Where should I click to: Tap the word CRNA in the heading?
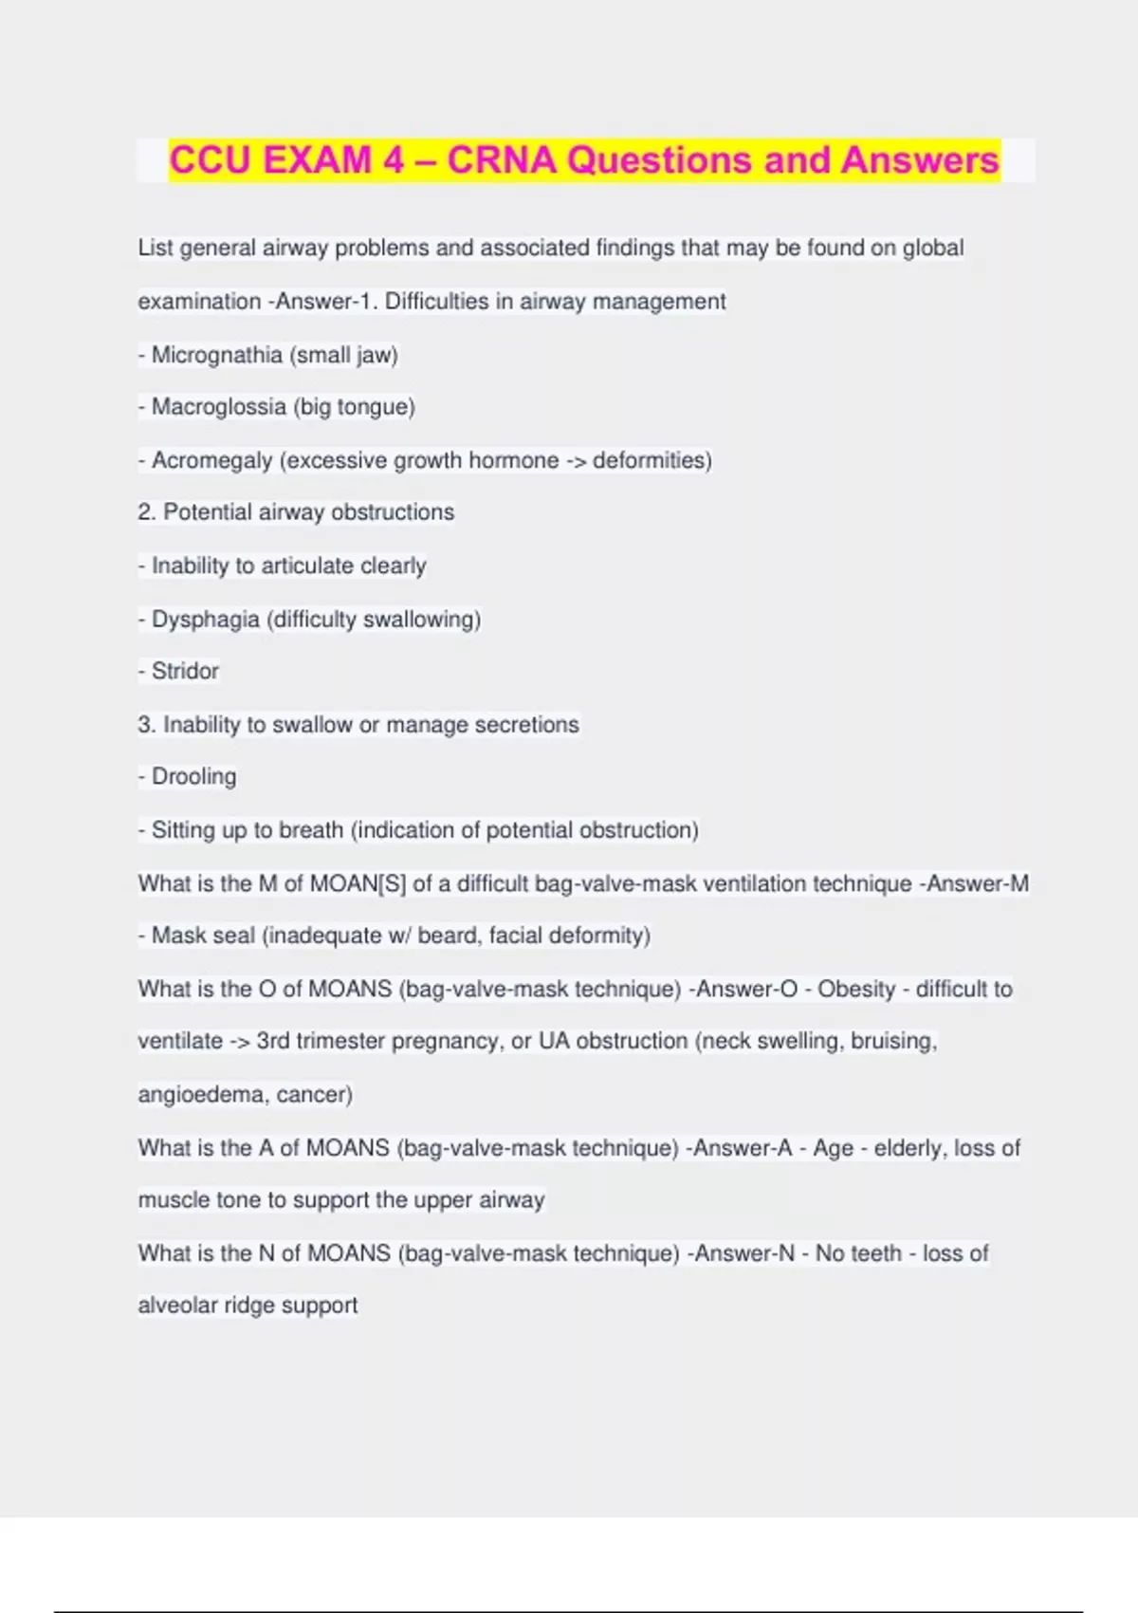coord(502,159)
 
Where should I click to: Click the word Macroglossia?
coord(219,407)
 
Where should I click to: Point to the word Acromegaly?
coord(211,461)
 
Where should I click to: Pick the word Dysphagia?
coord(206,620)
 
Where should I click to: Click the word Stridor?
coord(185,671)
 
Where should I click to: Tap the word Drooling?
coord(193,777)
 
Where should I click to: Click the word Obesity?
coord(856,989)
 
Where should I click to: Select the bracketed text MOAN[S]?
coord(358,883)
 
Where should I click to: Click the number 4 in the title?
coord(394,159)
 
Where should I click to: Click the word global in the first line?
coord(933,248)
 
